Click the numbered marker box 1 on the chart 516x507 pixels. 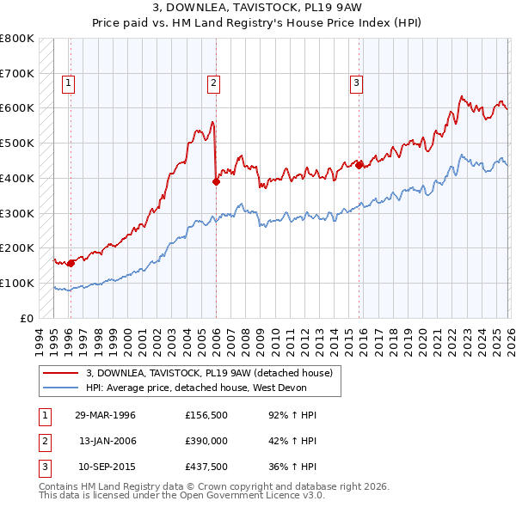point(68,83)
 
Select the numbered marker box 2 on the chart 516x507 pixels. point(212,83)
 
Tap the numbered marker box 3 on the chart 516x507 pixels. point(355,83)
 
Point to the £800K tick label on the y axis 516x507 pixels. point(17,39)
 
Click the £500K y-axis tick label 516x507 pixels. point(17,144)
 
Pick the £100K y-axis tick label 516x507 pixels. point(17,283)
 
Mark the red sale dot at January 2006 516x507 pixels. point(216,181)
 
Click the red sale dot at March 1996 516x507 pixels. point(71,263)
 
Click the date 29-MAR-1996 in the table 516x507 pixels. point(105,415)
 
